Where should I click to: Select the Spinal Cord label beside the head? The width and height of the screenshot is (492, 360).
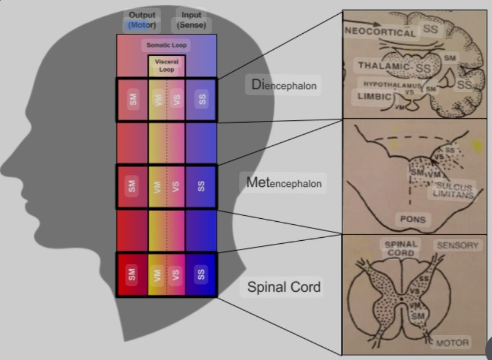(284, 287)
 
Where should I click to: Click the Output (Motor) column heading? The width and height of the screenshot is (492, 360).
(142, 20)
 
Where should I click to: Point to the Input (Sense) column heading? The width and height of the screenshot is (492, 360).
(191, 20)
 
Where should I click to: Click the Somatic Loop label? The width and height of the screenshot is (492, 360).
(167, 45)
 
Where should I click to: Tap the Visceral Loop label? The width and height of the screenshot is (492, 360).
(167, 65)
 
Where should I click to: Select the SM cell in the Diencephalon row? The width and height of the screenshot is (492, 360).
(133, 100)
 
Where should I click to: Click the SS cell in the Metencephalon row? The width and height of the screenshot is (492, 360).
(202, 186)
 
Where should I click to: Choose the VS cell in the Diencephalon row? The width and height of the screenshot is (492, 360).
(176, 100)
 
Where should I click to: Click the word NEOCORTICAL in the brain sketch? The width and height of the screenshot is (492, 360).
(381, 31)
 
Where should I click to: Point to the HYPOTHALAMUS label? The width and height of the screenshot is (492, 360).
(391, 85)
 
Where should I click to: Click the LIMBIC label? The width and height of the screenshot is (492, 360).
(374, 96)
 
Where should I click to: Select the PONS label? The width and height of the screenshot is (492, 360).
(412, 219)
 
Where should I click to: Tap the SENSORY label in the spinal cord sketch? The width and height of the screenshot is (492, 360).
(457, 245)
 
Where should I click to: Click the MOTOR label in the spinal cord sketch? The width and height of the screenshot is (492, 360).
(452, 342)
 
